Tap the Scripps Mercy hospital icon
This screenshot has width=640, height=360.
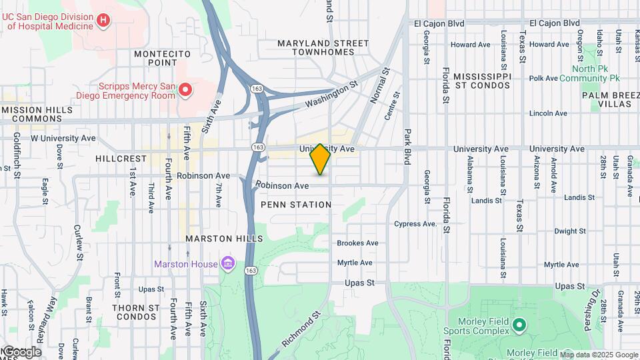click(x=187, y=89)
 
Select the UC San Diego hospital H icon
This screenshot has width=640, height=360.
click(x=103, y=21)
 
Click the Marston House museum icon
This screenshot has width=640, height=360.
click(x=229, y=264)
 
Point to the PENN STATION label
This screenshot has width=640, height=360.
click(x=295, y=205)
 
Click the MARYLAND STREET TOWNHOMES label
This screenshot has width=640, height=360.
click(x=323, y=48)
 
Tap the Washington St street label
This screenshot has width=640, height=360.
click(x=331, y=95)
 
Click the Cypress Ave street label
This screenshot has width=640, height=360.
click(x=415, y=224)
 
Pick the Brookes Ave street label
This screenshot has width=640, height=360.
click(x=357, y=243)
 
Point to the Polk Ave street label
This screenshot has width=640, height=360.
click(x=543, y=79)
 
